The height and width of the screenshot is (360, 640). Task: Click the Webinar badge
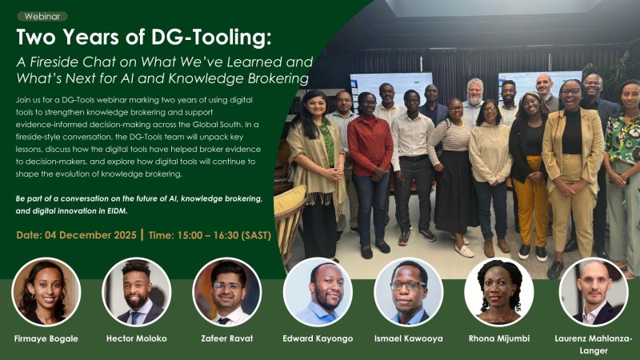[x=42, y=15]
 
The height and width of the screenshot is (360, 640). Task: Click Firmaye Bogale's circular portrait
[x=46, y=292]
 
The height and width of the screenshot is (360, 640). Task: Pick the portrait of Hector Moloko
[x=136, y=292]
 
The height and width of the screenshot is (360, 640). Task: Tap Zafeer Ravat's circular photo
[x=227, y=292]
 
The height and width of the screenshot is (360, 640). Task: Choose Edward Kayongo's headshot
[x=318, y=292]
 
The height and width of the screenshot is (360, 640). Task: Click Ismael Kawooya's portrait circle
[x=408, y=292]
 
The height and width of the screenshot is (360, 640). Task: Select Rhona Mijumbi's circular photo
[x=499, y=292]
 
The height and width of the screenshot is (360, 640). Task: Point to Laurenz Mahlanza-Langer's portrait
[x=593, y=292]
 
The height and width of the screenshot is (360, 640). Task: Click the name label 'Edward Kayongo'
[x=318, y=338]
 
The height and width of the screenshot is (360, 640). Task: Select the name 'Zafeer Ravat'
[x=227, y=338]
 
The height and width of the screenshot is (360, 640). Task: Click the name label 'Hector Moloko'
[x=136, y=338]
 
